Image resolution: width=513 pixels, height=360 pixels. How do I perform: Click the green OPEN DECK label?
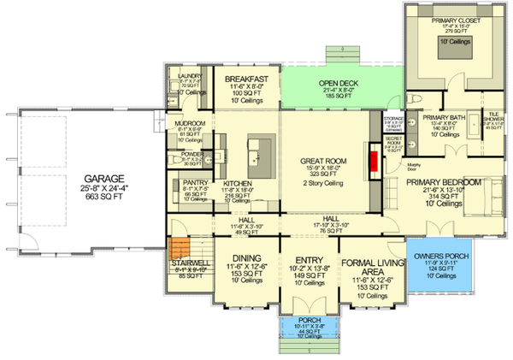pos(343,83)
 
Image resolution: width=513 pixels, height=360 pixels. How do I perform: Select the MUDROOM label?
pos(190,122)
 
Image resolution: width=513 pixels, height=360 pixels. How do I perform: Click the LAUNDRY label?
pos(190,75)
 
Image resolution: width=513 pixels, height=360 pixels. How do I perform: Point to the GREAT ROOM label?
pos(322,161)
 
